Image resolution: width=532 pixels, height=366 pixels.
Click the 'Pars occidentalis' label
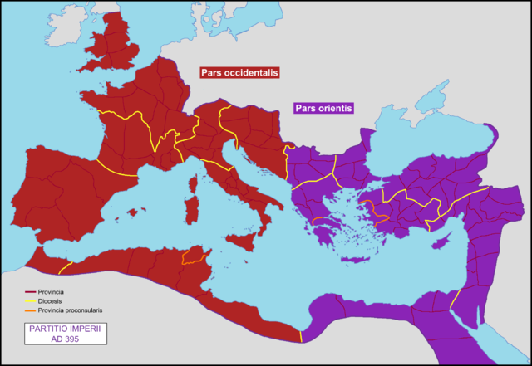coord(239,73)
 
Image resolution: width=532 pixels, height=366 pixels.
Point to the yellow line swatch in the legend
coord(30,301)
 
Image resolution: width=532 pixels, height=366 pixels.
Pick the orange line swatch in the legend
coord(30,310)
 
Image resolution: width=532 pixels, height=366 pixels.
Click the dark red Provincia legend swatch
coord(30,292)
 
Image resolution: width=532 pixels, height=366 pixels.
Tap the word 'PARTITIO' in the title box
coord(52,329)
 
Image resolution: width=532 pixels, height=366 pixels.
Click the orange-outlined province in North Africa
coord(194,256)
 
